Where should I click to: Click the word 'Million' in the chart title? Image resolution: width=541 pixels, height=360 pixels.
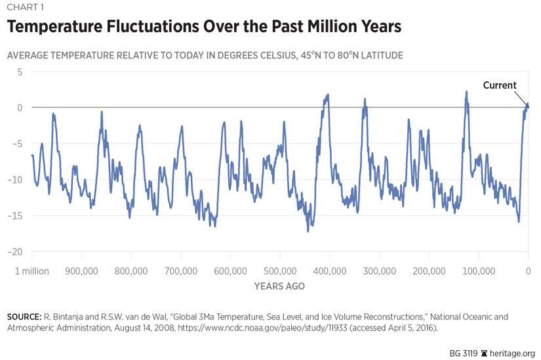pyautogui.click(x=307, y=28)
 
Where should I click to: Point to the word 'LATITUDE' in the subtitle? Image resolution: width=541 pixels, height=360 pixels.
pyautogui.click(x=378, y=55)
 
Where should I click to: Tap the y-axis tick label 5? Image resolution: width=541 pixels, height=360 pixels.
pyautogui.click(x=20, y=71)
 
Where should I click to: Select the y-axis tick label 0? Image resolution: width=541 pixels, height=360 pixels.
pyautogui.click(x=20, y=108)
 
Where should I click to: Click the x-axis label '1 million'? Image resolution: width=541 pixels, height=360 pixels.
pyautogui.click(x=31, y=271)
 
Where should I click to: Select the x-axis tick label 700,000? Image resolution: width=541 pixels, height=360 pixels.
pyautogui.click(x=180, y=271)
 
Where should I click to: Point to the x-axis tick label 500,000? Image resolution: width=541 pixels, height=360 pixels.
pyautogui.click(x=280, y=271)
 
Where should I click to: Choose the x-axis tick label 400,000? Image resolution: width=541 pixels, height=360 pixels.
pyautogui.click(x=329, y=271)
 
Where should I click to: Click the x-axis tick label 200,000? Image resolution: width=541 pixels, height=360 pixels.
pyautogui.click(x=429, y=271)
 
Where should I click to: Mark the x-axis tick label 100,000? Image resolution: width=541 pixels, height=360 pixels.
pyautogui.click(x=479, y=271)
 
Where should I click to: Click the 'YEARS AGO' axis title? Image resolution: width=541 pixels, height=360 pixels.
pyautogui.click(x=279, y=287)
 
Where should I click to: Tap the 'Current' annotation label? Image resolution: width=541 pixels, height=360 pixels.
pyautogui.click(x=500, y=85)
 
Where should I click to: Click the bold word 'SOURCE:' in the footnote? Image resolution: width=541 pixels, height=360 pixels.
pyautogui.click(x=24, y=317)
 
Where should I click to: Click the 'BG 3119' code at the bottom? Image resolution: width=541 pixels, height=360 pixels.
pyautogui.click(x=464, y=352)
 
